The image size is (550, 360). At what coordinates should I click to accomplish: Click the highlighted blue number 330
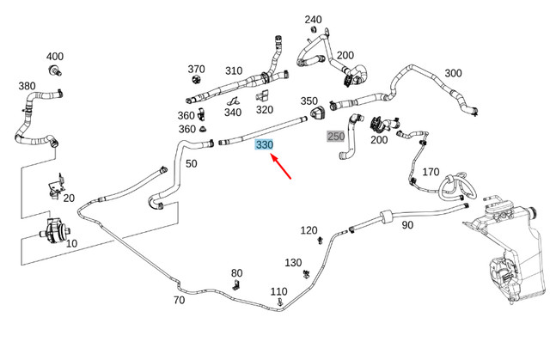click(x=264, y=145)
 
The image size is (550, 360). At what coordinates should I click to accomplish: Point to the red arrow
click(x=280, y=168)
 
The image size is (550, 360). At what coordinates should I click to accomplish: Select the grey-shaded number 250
click(x=335, y=137)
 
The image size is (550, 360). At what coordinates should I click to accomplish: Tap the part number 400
click(x=55, y=55)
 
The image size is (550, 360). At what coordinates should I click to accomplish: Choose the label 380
click(x=27, y=86)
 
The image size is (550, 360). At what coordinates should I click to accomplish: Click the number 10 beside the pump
click(x=71, y=243)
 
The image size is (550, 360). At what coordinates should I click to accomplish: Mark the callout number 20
click(x=69, y=197)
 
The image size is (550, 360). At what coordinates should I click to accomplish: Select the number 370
click(x=197, y=70)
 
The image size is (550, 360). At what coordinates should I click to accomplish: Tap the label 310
click(x=234, y=70)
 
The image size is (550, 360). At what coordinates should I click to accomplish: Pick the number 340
click(x=233, y=112)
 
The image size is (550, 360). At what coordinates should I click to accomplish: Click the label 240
click(x=314, y=19)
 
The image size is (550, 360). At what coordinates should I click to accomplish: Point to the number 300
click(x=453, y=74)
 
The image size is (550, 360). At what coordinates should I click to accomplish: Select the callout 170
click(x=431, y=173)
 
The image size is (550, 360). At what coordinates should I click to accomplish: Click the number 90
click(x=407, y=225)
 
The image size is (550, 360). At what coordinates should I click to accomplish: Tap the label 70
click(x=179, y=300)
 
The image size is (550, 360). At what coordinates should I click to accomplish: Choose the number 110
click(x=278, y=292)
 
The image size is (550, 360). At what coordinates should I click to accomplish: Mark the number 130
click(x=293, y=262)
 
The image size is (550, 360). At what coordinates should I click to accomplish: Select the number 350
click(x=309, y=101)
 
